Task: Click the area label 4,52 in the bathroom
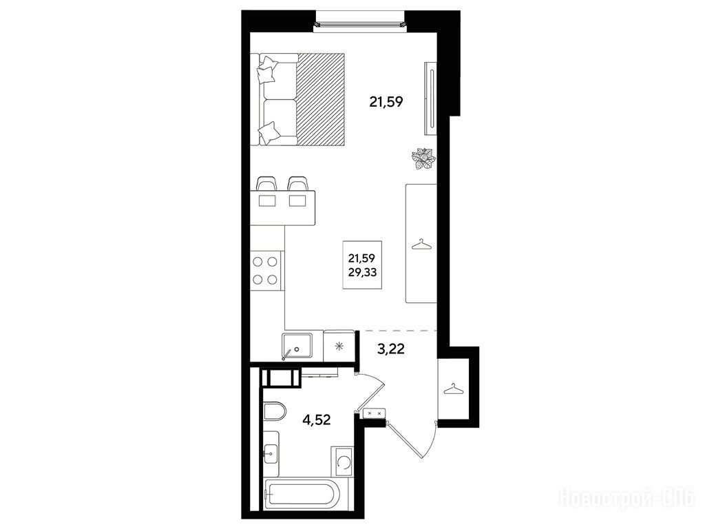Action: click(317, 420)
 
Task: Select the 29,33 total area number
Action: click(362, 271)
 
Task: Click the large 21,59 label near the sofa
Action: click(386, 102)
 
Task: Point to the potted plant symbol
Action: click(423, 159)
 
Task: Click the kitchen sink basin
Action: click(297, 345)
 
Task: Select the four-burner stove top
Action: click(265, 270)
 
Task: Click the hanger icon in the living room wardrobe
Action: click(421, 245)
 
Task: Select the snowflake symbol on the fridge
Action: click(339, 346)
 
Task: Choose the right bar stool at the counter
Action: click(297, 183)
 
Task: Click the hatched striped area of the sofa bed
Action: click(321, 99)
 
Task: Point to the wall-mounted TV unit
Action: click(430, 98)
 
